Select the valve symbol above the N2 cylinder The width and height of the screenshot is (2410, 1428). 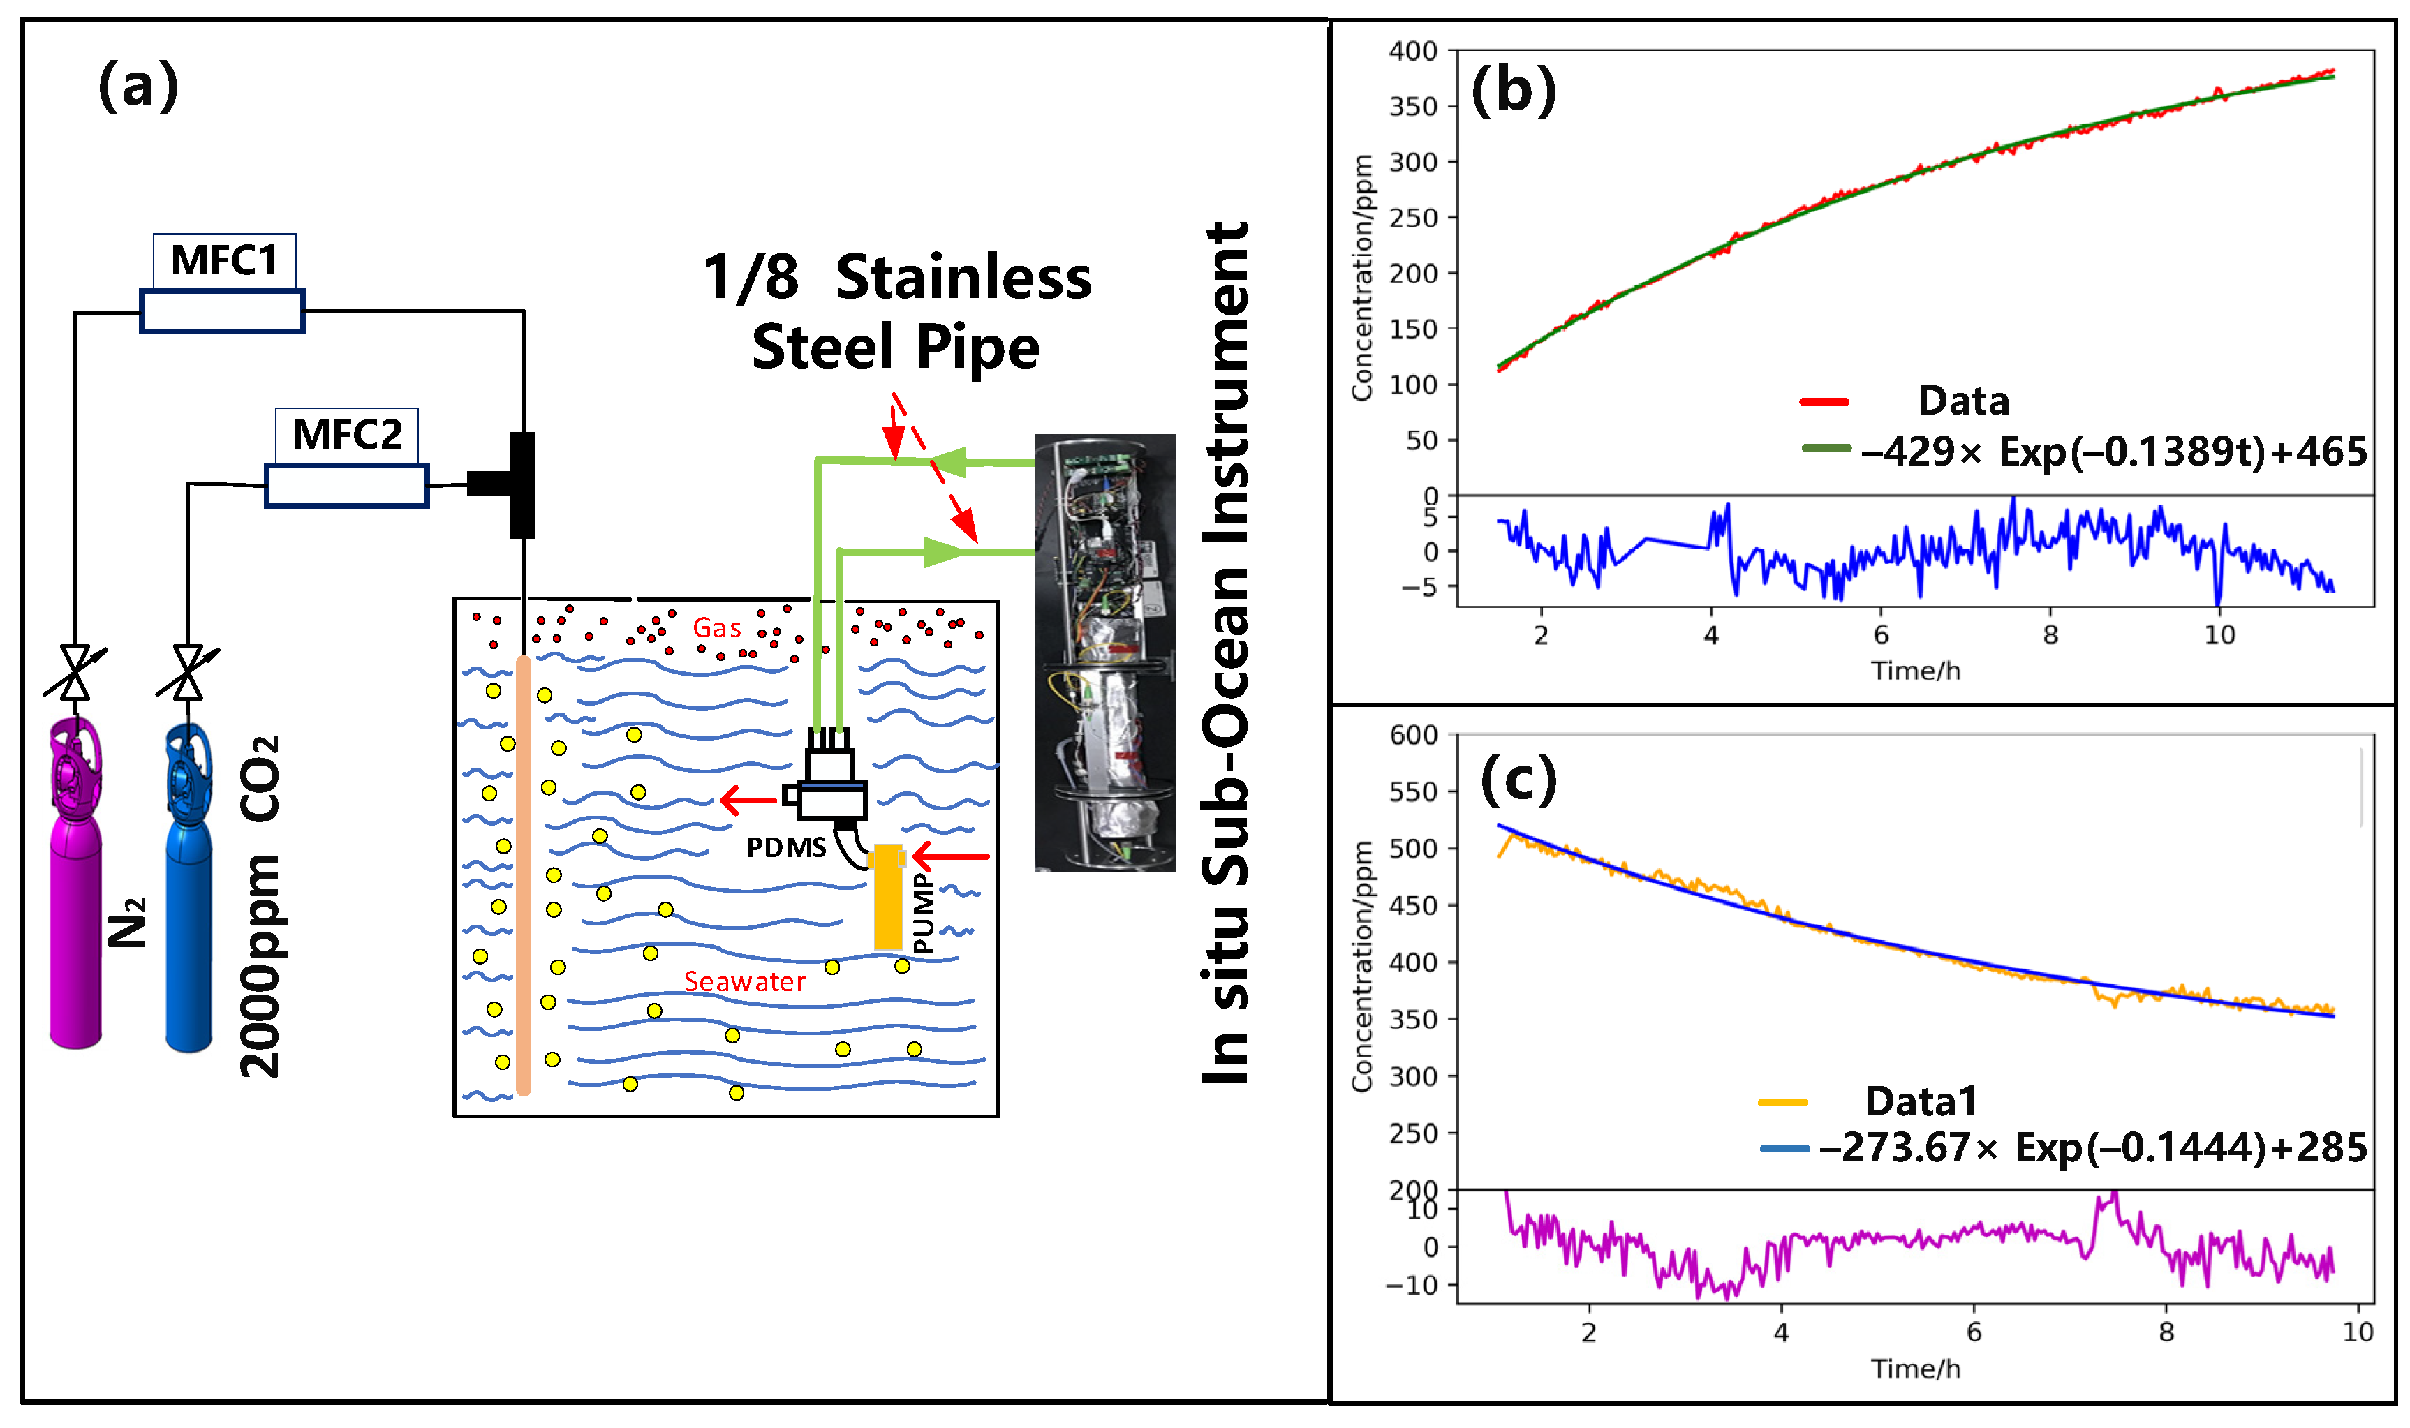coord(75,671)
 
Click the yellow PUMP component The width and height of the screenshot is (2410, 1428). coord(887,897)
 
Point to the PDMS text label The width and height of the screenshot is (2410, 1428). coord(785,848)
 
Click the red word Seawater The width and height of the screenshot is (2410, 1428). coord(744,981)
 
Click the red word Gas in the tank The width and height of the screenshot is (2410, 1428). coord(716,628)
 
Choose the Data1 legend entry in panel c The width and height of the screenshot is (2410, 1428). coord(1919,1101)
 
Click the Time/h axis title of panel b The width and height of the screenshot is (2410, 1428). coord(1914,671)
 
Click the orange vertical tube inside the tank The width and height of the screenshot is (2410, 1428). coord(523,876)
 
